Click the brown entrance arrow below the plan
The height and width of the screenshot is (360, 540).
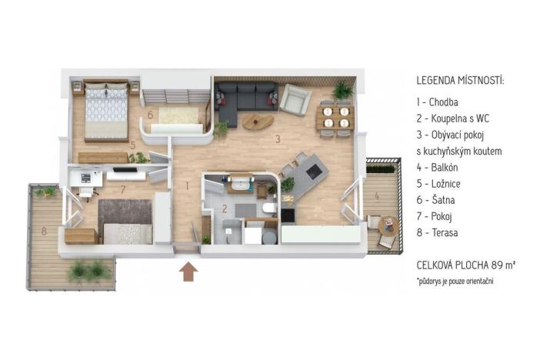[x=187, y=272]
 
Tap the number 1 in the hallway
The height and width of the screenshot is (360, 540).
[x=187, y=185]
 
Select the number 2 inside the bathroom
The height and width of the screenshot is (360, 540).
[x=225, y=208]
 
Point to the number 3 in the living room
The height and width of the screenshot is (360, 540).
[x=278, y=138]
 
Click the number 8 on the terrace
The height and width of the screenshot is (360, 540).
[x=45, y=230]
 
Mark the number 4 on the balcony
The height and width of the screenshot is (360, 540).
[x=376, y=196]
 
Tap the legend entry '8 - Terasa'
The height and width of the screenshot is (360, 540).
[x=442, y=232]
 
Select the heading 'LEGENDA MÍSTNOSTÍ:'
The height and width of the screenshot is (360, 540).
[x=460, y=80]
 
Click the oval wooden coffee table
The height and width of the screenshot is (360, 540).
[x=257, y=121]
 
